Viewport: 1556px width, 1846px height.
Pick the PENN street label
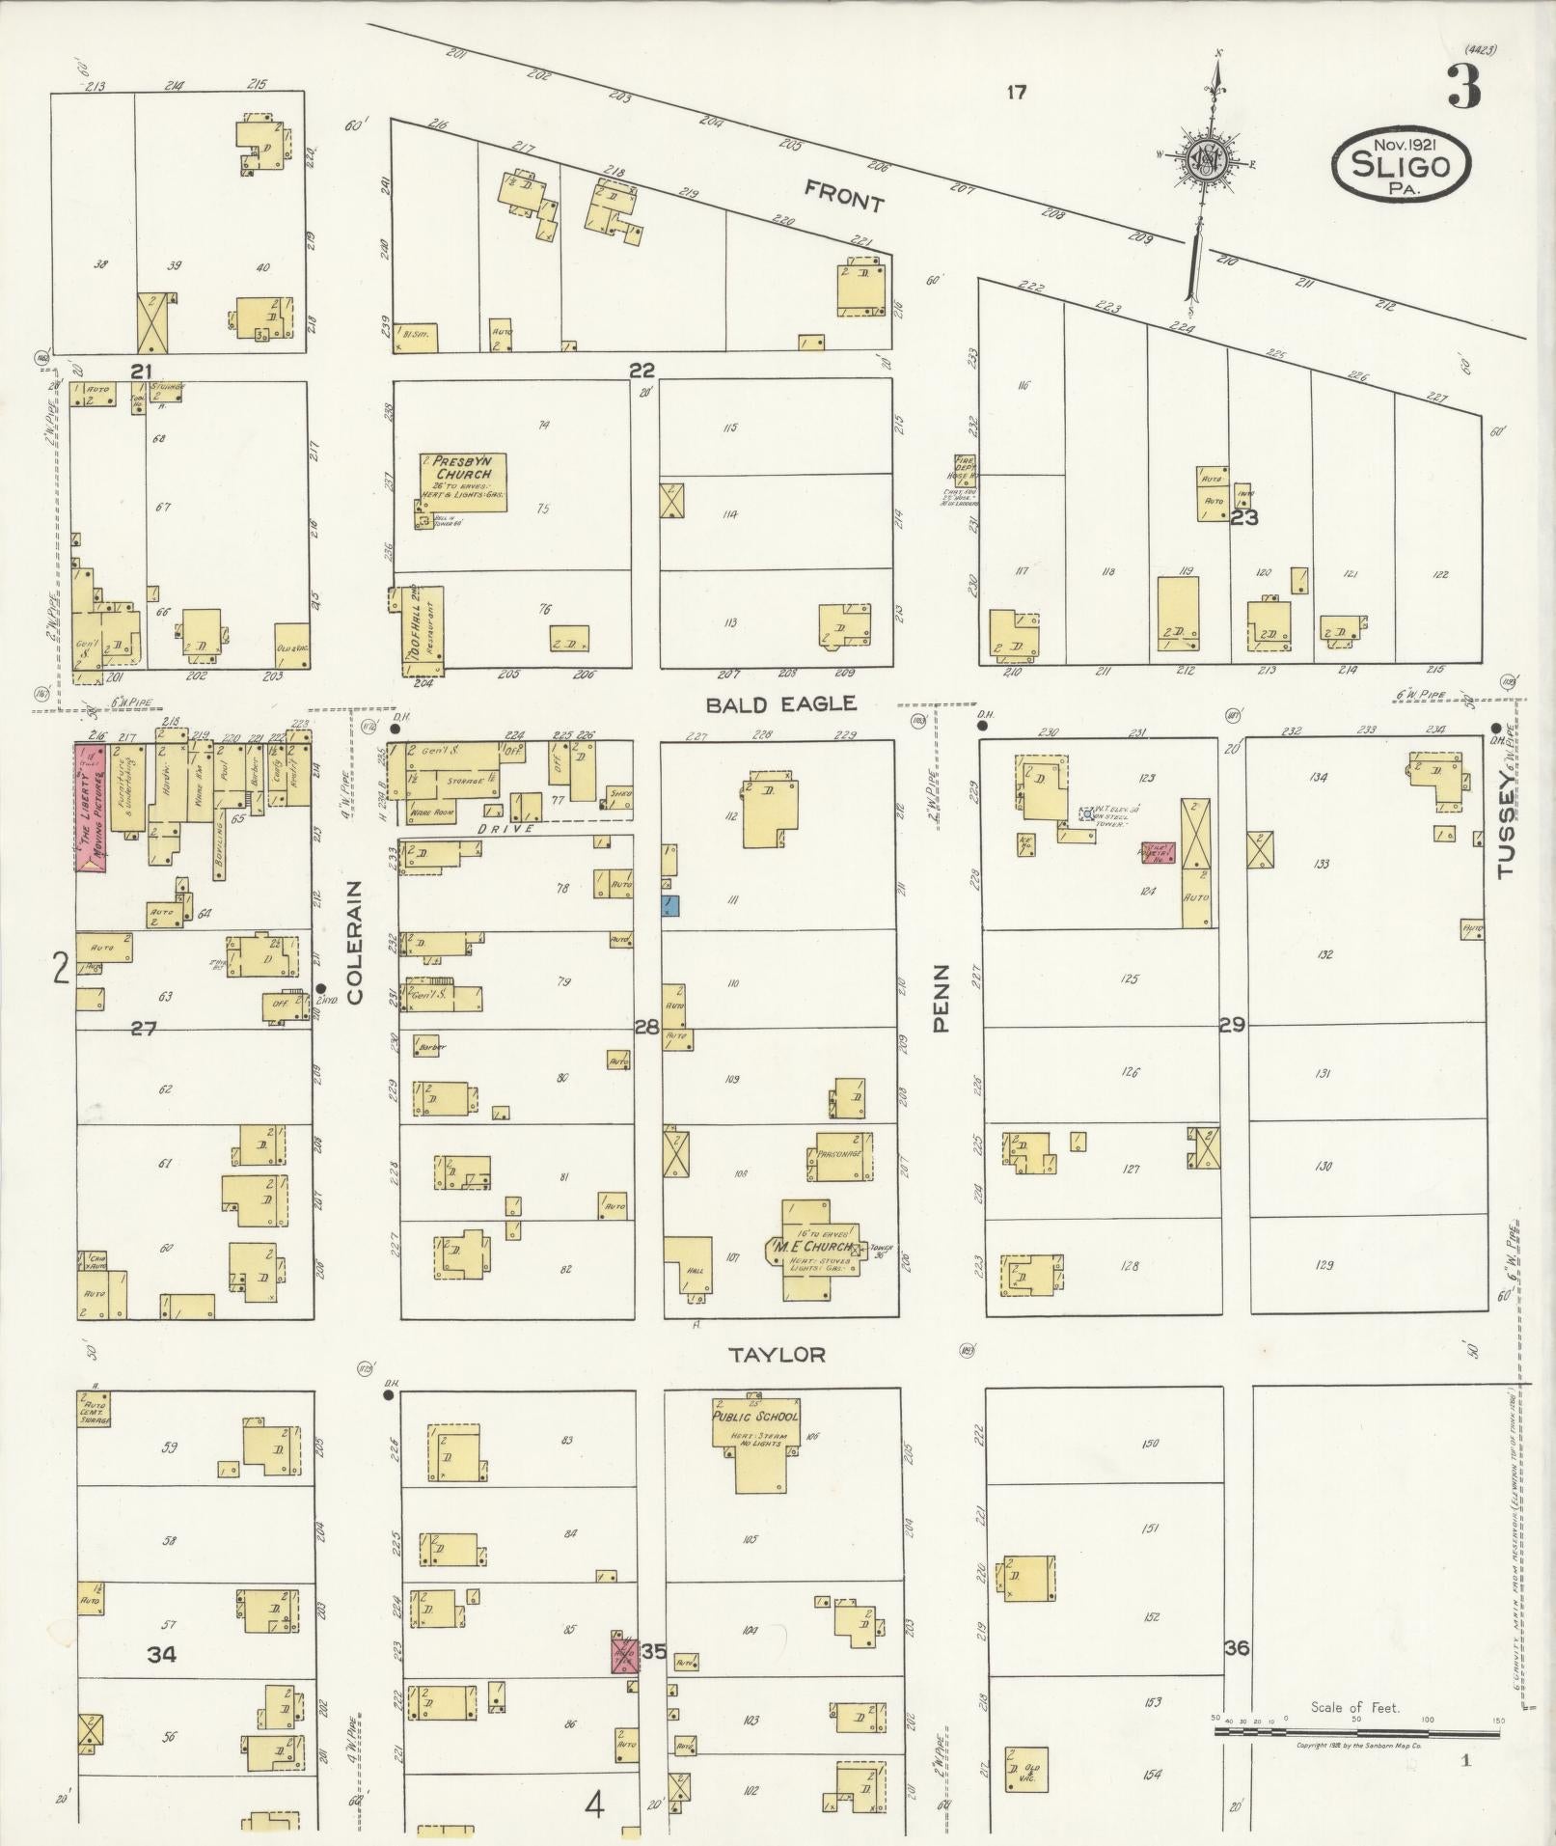[x=942, y=999]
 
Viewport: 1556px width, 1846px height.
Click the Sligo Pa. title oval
[x=1402, y=165]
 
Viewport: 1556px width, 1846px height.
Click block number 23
[x=1244, y=517]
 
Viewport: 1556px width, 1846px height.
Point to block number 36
[x=1237, y=1648]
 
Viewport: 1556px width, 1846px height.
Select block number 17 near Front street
[x=1015, y=93]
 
